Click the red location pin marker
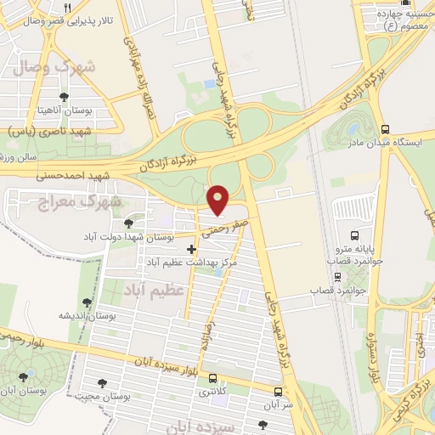218,200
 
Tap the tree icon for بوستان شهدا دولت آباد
127,223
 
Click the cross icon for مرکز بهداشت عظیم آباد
191,250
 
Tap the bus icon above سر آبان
279,392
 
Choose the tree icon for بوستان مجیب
104,383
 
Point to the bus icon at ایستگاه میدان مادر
386,130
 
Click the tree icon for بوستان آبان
22,375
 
